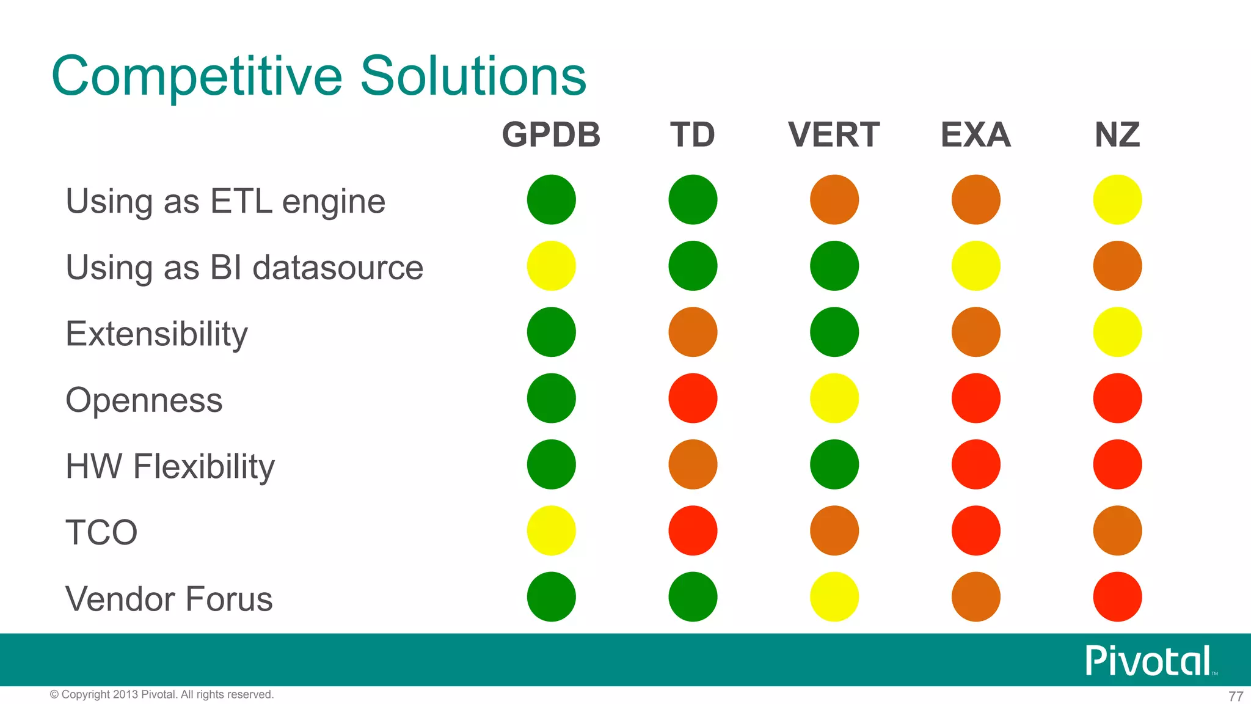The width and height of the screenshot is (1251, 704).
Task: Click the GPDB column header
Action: pos(551,135)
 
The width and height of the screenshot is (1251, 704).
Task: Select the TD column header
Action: pos(692,135)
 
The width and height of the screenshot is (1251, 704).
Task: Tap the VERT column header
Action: pos(834,135)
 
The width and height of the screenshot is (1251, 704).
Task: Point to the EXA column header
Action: pos(976,135)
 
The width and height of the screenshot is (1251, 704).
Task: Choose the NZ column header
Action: pos(1117,135)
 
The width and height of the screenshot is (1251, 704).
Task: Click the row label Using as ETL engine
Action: pos(225,202)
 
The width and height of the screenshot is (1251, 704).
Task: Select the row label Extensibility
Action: pos(156,334)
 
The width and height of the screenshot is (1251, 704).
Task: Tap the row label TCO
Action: pos(101,532)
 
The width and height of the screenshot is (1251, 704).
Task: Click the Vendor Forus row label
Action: pos(169,599)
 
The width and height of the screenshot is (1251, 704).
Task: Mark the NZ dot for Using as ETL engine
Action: pos(1117,200)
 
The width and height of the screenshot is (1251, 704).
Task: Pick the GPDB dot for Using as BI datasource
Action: pos(551,266)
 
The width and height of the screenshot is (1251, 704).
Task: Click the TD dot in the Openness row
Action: pos(693,398)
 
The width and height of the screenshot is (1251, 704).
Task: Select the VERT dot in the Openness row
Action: pos(834,398)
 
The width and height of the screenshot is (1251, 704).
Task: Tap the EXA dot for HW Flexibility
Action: pos(976,464)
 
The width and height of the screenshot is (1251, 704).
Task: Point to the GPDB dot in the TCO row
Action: pos(551,530)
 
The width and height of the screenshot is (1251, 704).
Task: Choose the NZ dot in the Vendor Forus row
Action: pos(1117,596)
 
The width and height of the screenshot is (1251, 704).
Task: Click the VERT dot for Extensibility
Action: pos(834,332)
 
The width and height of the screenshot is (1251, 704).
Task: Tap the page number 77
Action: pos(1236,696)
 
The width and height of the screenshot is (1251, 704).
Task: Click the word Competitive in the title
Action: pos(197,76)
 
